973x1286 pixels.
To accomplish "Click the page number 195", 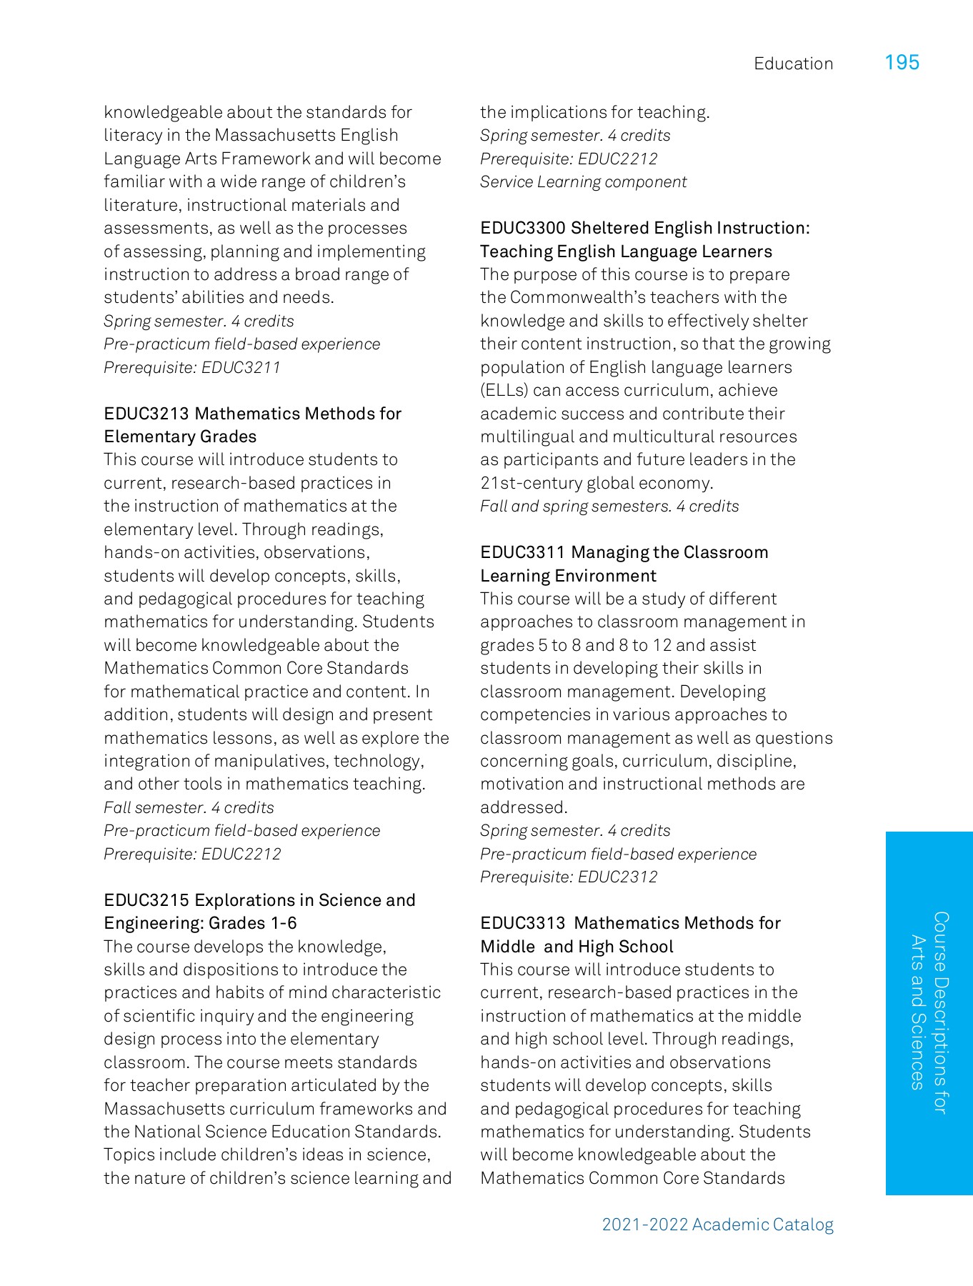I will coord(902,63).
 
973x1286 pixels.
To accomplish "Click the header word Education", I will coord(793,64).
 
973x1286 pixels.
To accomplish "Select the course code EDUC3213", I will coord(146,414).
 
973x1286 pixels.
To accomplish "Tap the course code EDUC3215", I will coord(146,900).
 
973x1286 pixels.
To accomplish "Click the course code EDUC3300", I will coord(523,228).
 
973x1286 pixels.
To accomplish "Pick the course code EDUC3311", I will coord(522,552).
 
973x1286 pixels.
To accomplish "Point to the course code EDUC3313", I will coord(522,923).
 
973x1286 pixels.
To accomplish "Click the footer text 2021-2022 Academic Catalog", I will coord(717,1225).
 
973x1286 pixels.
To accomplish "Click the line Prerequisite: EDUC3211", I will coord(192,367).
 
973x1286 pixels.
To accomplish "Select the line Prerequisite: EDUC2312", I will coord(569,877).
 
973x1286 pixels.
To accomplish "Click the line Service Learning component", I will coord(583,182).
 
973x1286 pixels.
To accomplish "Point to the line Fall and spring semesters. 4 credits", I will coord(609,507).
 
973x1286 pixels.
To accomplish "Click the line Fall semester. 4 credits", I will coord(189,807).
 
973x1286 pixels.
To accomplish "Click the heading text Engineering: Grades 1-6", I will coord(200,923).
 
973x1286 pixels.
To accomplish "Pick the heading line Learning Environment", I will coord(568,576).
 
